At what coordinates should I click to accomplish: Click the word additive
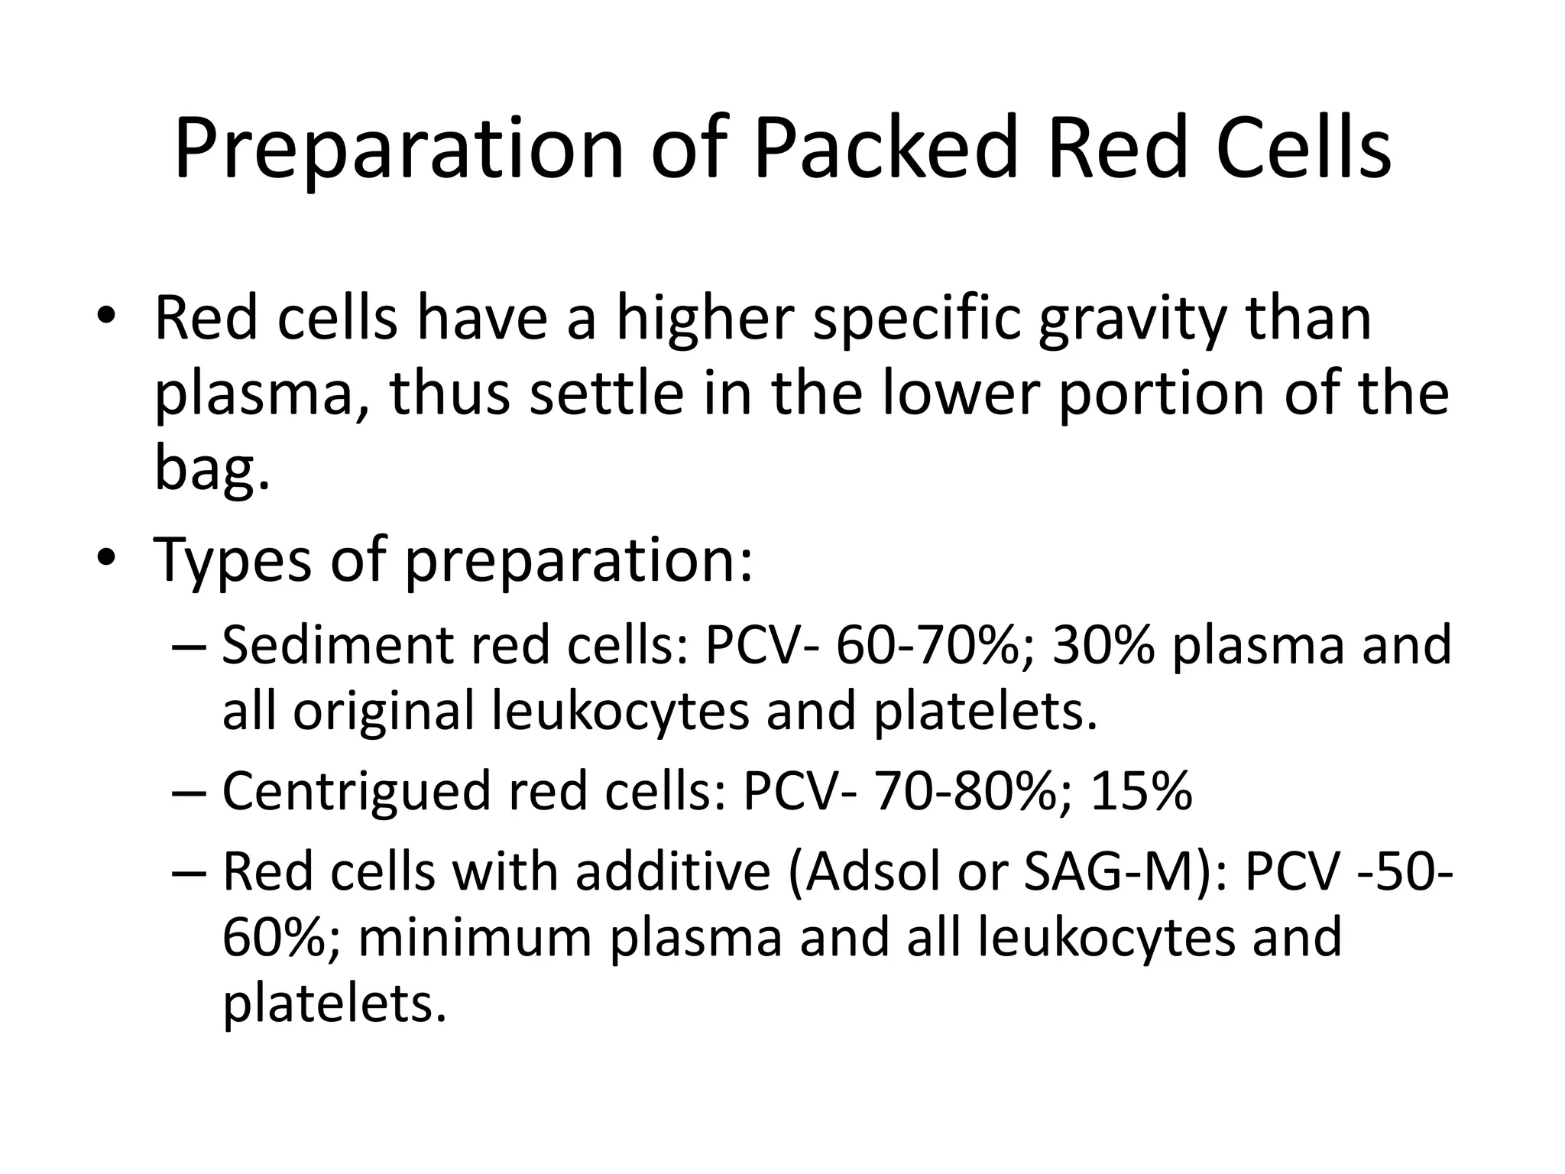(x=672, y=873)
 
